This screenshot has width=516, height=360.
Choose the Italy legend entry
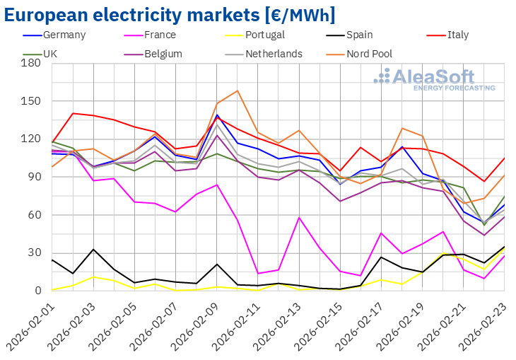[459, 35]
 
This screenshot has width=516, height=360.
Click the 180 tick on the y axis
[31, 63]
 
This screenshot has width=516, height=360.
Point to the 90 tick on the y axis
[34, 177]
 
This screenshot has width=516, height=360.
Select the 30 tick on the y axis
[34, 252]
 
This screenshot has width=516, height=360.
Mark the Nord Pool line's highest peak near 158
[238, 91]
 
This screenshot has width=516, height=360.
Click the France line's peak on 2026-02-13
[300, 217]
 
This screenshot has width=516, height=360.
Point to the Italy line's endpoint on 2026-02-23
[505, 158]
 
